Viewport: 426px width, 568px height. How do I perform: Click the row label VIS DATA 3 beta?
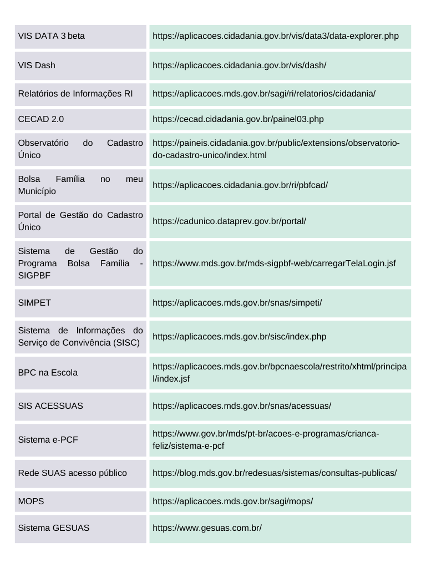click(51, 36)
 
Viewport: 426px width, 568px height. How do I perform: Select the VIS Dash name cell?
click(37, 65)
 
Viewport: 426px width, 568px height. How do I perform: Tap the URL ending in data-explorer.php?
click(275, 36)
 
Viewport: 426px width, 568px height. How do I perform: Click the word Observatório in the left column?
click(43, 143)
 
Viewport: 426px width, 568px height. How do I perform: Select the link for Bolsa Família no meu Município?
click(240, 185)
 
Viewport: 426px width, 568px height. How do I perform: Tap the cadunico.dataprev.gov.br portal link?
click(229, 221)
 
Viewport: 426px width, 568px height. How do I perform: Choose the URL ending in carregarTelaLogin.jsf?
click(274, 263)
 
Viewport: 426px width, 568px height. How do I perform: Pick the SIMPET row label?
click(34, 303)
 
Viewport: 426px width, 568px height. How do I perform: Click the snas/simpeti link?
click(237, 303)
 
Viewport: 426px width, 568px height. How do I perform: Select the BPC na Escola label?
click(48, 372)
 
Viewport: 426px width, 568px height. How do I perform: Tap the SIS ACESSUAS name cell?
click(50, 405)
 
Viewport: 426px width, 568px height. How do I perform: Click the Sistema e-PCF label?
click(48, 439)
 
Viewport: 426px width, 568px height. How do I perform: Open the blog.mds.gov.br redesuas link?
click(275, 473)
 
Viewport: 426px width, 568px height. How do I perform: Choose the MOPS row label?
click(31, 501)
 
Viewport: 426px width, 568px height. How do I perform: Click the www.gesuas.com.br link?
click(207, 528)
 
